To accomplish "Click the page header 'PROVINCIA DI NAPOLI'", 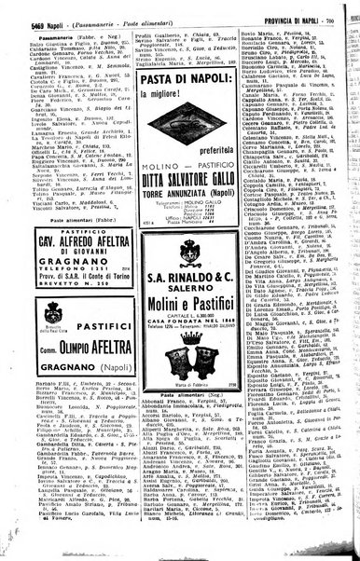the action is [299, 8].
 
